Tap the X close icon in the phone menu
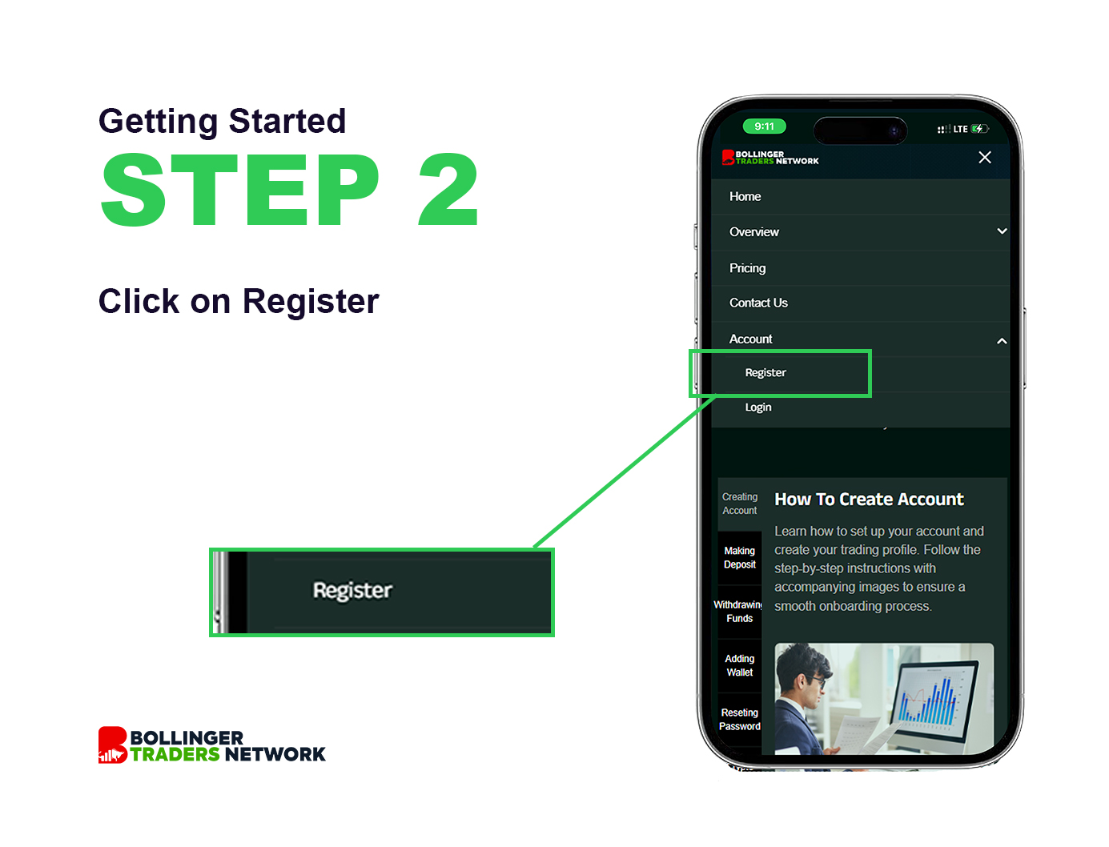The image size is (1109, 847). point(984,157)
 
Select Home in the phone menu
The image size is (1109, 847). point(745,196)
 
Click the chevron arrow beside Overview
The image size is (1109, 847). point(1002,231)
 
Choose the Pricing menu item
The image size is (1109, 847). point(747,268)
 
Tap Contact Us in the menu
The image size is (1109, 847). point(758,303)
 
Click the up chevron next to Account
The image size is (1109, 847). point(1002,341)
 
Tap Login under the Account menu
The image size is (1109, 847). point(757,407)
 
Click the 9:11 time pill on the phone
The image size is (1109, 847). point(764,126)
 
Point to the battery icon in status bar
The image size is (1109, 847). point(979,129)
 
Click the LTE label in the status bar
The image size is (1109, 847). point(960,130)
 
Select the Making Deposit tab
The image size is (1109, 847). point(739,558)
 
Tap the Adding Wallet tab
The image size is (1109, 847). point(739,666)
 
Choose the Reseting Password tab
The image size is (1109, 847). point(739,719)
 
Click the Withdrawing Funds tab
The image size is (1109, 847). point(739,612)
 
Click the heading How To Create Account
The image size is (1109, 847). point(869,499)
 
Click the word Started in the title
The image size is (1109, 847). point(287,121)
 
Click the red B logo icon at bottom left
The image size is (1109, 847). point(112,745)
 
